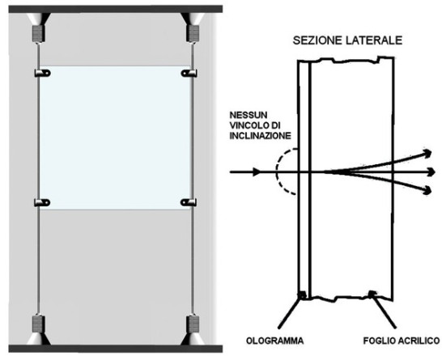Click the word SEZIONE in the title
pyautogui.click(x=317, y=40)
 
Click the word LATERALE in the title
pyautogui.click(x=374, y=40)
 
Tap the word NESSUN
pyautogui.click(x=249, y=115)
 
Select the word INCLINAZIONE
pyautogui.click(x=260, y=136)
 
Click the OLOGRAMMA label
pyautogui.click(x=275, y=341)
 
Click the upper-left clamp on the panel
pyautogui.click(x=42, y=73)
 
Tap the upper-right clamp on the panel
pyautogui.click(x=189, y=73)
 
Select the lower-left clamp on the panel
pyautogui.click(x=42, y=202)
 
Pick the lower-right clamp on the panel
pyautogui.click(x=189, y=202)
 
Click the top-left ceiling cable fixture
pyautogui.click(x=38, y=28)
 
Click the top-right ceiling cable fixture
pyautogui.click(x=193, y=28)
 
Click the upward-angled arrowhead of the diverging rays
pyautogui.click(x=428, y=153)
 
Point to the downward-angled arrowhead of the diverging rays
pyautogui.click(x=428, y=190)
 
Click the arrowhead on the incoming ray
pyautogui.click(x=257, y=172)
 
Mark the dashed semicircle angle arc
pyautogui.click(x=277, y=171)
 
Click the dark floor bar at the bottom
pyautogui.click(x=116, y=349)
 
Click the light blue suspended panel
pyautogui.click(x=116, y=138)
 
